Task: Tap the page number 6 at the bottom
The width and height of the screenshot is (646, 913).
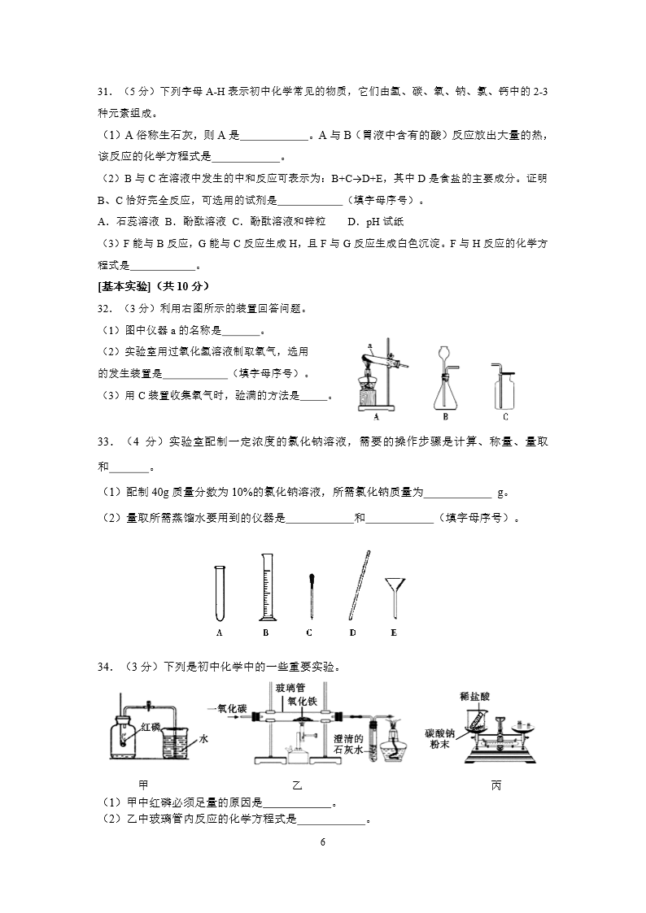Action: [323, 841]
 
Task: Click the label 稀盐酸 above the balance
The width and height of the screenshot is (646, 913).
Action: [473, 696]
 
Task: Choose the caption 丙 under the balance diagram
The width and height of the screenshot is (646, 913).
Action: [496, 786]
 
